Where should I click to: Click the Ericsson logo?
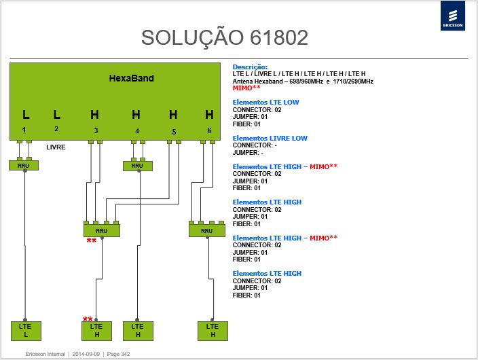pyautogui.click(x=453, y=16)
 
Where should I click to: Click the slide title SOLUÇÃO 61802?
pyautogui.click(x=225, y=38)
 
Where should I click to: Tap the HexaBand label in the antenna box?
pyautogui.click(x=132, y=78)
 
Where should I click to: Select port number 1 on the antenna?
pyautogui.click(x=24, y=130)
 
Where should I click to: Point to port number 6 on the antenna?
pyautogui.click(x=209, y=130)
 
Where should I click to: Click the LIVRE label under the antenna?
pyautogui.click(x=56, y=147)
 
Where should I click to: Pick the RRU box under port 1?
pyautogui.click(x=24, y=165)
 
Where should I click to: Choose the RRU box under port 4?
pyautogui.click(x=137, y=166)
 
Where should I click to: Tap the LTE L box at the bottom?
pyautogui.click(x=26, y=331)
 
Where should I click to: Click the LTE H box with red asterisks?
pyautogui.click(x=96, y=331)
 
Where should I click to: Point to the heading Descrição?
pyautogui.click(x=250, y=67)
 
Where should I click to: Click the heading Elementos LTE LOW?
pyautogui.click(x=266, y=102)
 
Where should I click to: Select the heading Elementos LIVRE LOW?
pyautogui.click(x=270, y=138)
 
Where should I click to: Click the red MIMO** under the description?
pyautogui.click(x=246, y=88)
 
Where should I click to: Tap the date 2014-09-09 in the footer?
pyautogui.click(x=86, y=354)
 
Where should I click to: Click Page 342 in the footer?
pyautogui.click(x=118, y=354)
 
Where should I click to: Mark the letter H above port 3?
pyautogui.click(x=94, y=115)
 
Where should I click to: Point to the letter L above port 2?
pyautogui.click(x=57, y=115)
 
